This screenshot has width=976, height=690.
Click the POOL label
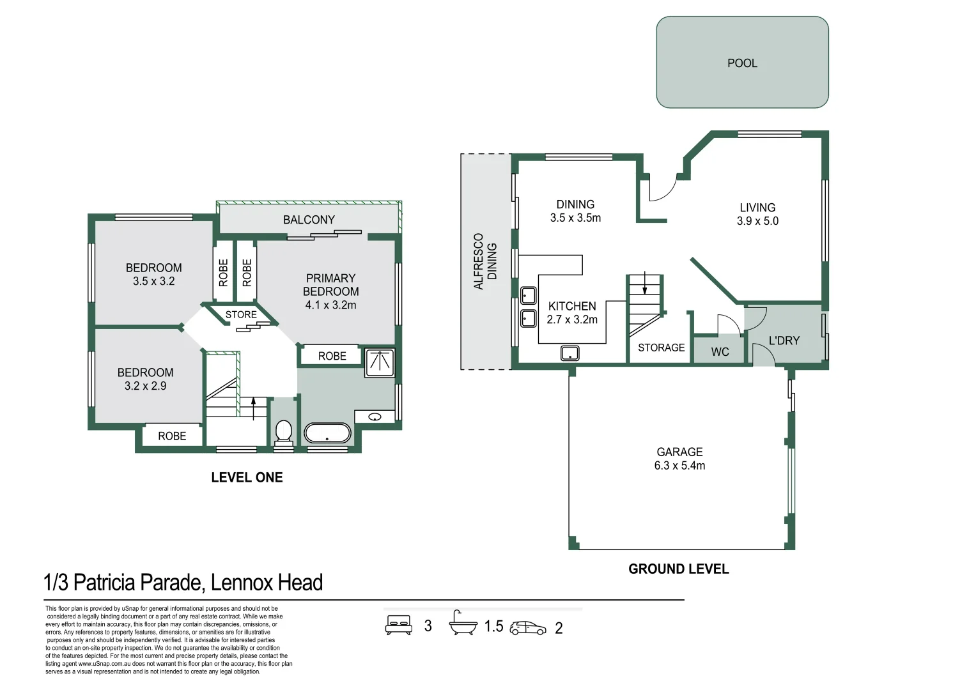742,63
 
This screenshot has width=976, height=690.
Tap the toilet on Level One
284,433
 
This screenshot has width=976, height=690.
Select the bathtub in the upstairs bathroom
327,433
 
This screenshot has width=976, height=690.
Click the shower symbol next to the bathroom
380,362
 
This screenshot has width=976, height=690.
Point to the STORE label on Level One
241,314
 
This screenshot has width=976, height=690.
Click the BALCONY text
309,220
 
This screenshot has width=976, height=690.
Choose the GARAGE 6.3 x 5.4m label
679,459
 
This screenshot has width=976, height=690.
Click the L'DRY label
784,341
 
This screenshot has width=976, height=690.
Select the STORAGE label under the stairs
662,348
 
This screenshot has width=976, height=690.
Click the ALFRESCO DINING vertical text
485,261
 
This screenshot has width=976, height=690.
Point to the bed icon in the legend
399,625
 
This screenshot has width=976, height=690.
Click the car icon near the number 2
528,628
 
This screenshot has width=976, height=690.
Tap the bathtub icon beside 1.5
463,624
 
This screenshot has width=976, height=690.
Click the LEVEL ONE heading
247,477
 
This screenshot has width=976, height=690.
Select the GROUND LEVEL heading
678,569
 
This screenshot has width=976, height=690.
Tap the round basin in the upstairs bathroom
375,417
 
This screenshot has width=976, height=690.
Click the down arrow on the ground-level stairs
645,282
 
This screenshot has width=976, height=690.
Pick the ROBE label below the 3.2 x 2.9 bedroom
172,436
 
